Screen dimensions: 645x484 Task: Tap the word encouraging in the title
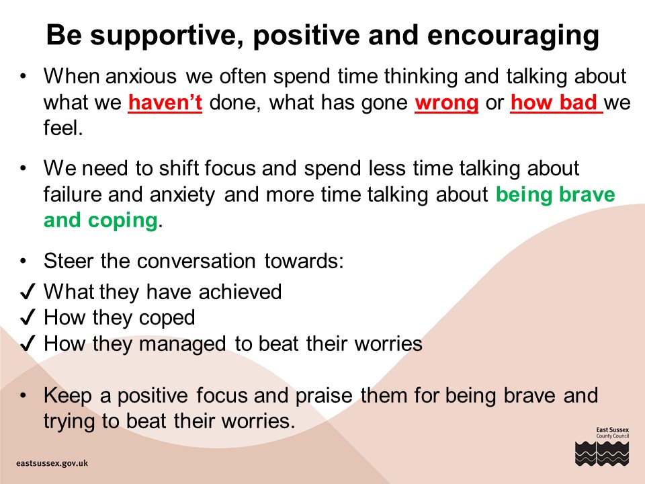(513, 36)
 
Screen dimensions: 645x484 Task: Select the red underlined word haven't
(165, 102)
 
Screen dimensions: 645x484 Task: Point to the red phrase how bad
(554, 102)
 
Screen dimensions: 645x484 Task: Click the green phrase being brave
(556, 195)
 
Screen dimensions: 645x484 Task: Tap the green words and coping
(101, 220)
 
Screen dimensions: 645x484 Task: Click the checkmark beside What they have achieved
(28, 292)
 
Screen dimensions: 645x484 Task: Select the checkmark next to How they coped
(28, 317)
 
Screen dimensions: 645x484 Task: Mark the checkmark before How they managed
(28, 344)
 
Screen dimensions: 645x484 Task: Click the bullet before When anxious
(23, 77)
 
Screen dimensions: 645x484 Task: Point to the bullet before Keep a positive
(23, 395)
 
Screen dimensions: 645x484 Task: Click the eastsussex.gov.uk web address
(52, 463)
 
